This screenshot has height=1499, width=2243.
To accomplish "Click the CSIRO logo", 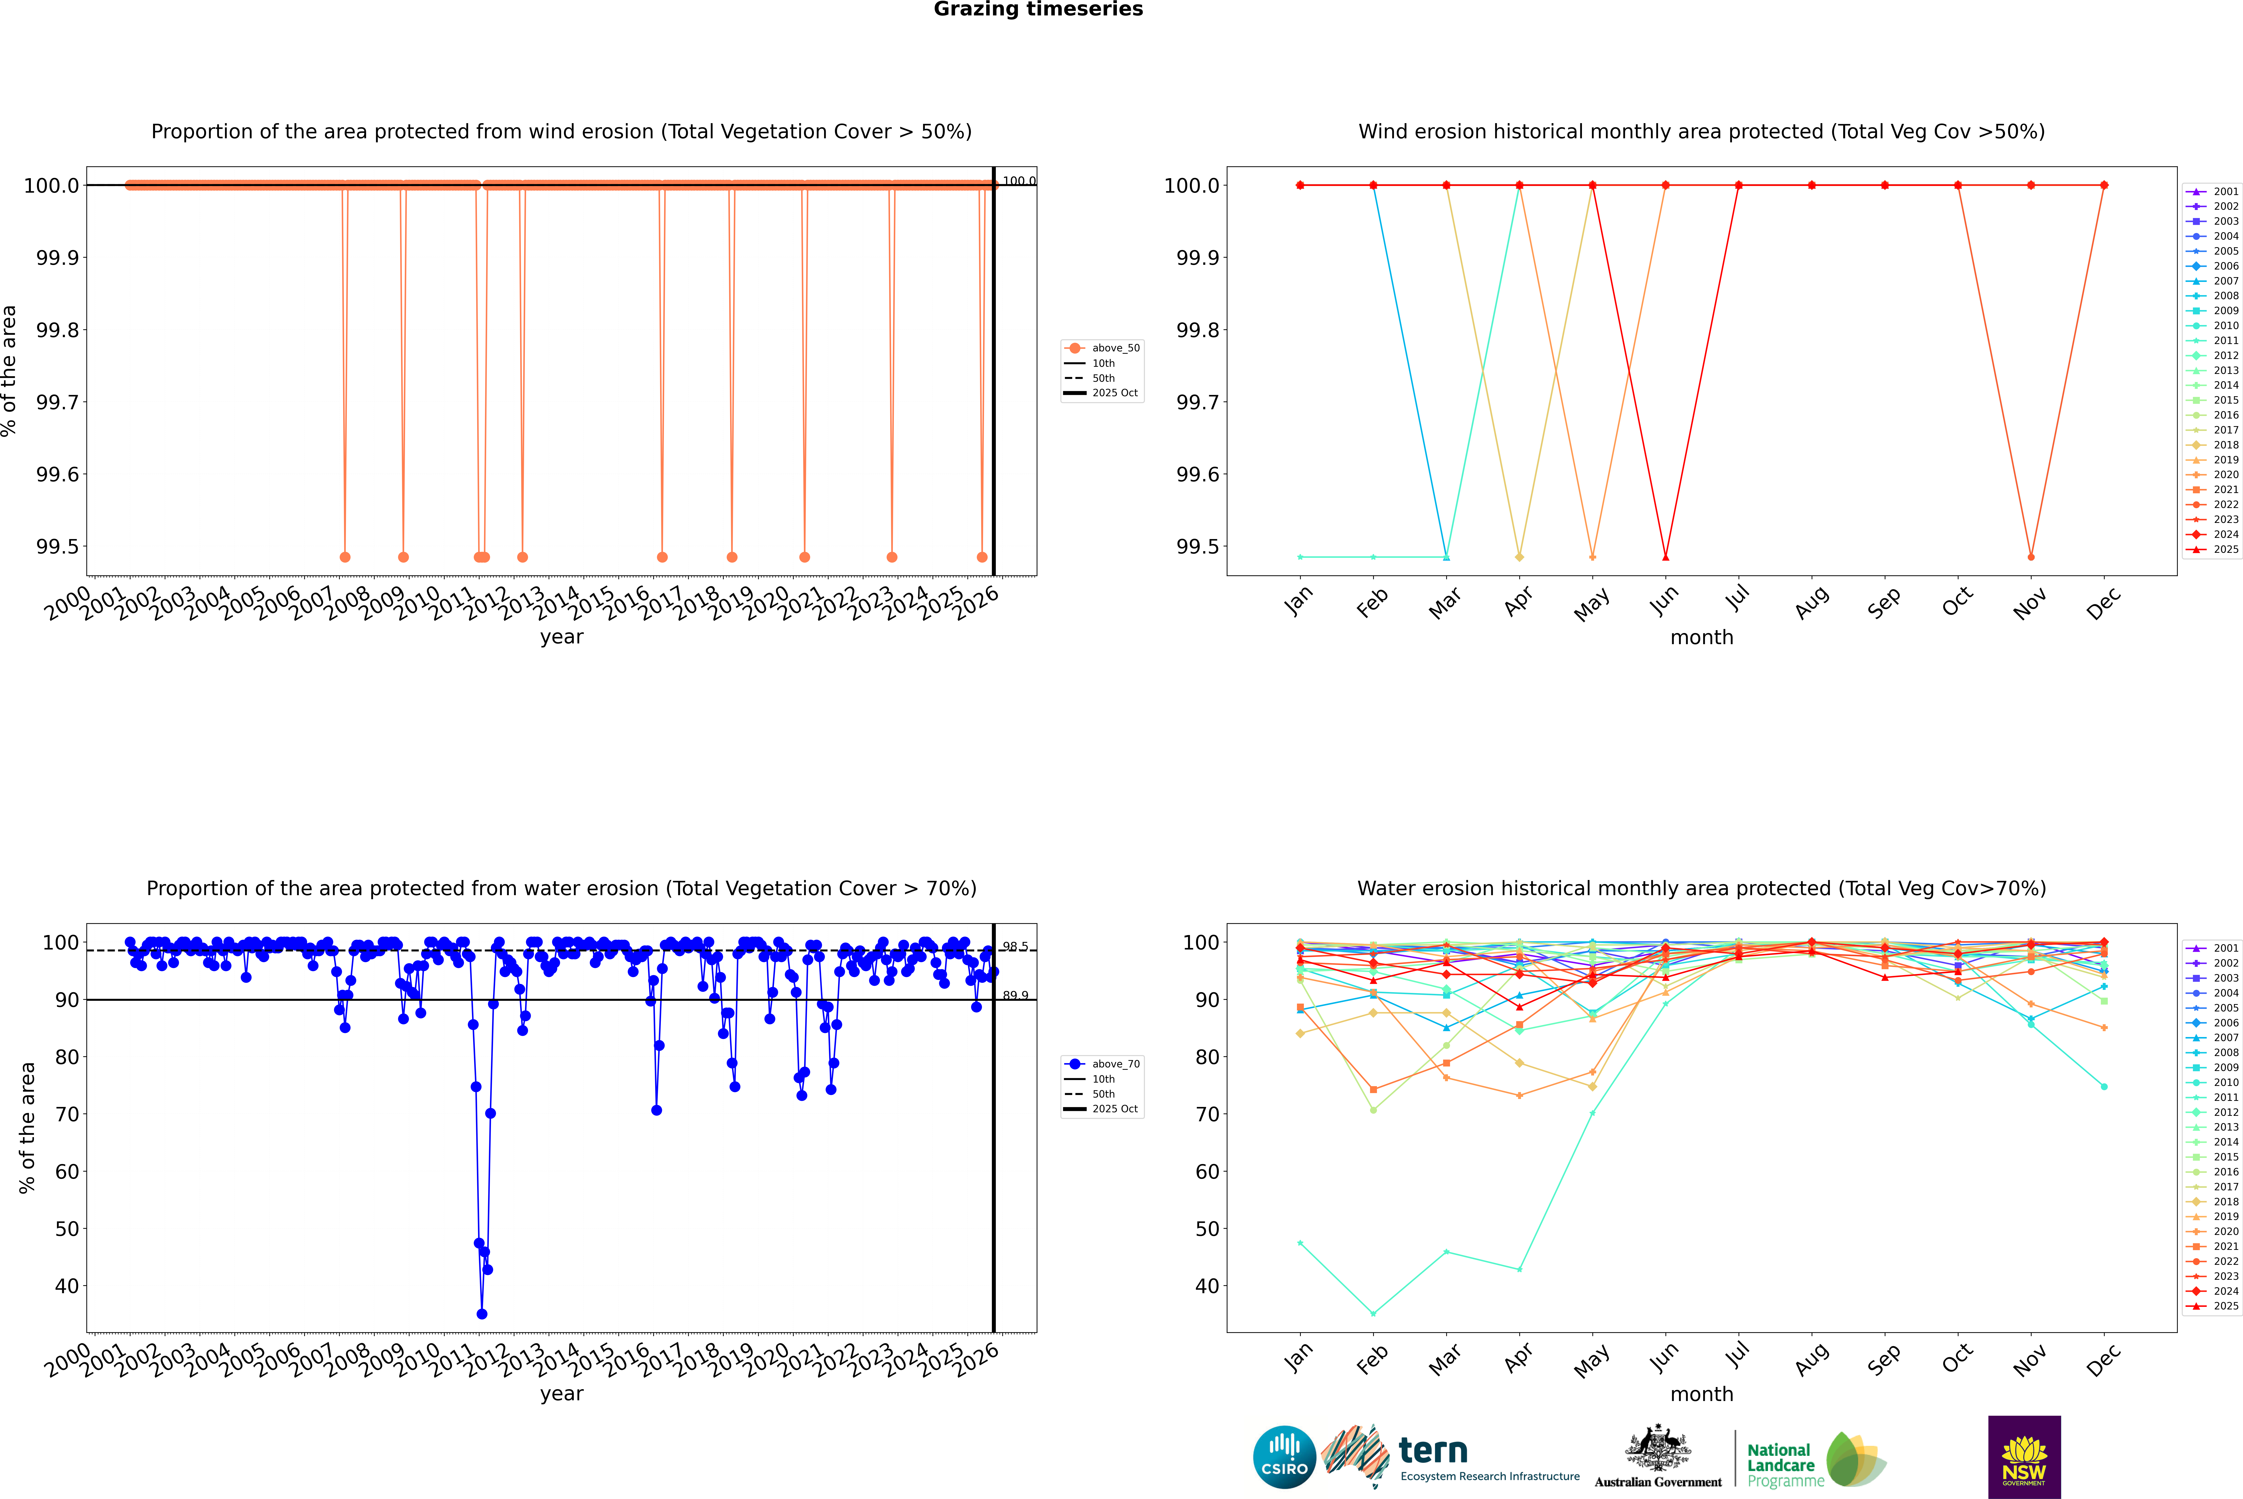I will [x=1284, y=1457].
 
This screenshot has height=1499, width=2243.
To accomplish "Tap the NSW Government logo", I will [x=2024, y=1457].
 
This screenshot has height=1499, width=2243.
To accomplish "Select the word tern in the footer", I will [x=1432, y=1450].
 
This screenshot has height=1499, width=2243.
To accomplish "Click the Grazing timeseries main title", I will [x=1038, y=9].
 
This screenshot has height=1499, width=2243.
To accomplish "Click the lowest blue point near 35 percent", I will [x=482, y=1313].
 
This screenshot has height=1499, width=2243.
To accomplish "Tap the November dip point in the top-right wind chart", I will [x=2031, y=556].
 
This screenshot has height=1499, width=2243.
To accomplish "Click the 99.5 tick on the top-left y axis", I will [x=57, y=547].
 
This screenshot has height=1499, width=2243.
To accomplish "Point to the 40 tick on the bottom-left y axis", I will [x=67, y=1286].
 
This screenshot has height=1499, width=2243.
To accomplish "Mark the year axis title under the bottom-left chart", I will [x=561, y=1394].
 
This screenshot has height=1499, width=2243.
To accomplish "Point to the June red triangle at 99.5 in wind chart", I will [x=1665, y=556].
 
